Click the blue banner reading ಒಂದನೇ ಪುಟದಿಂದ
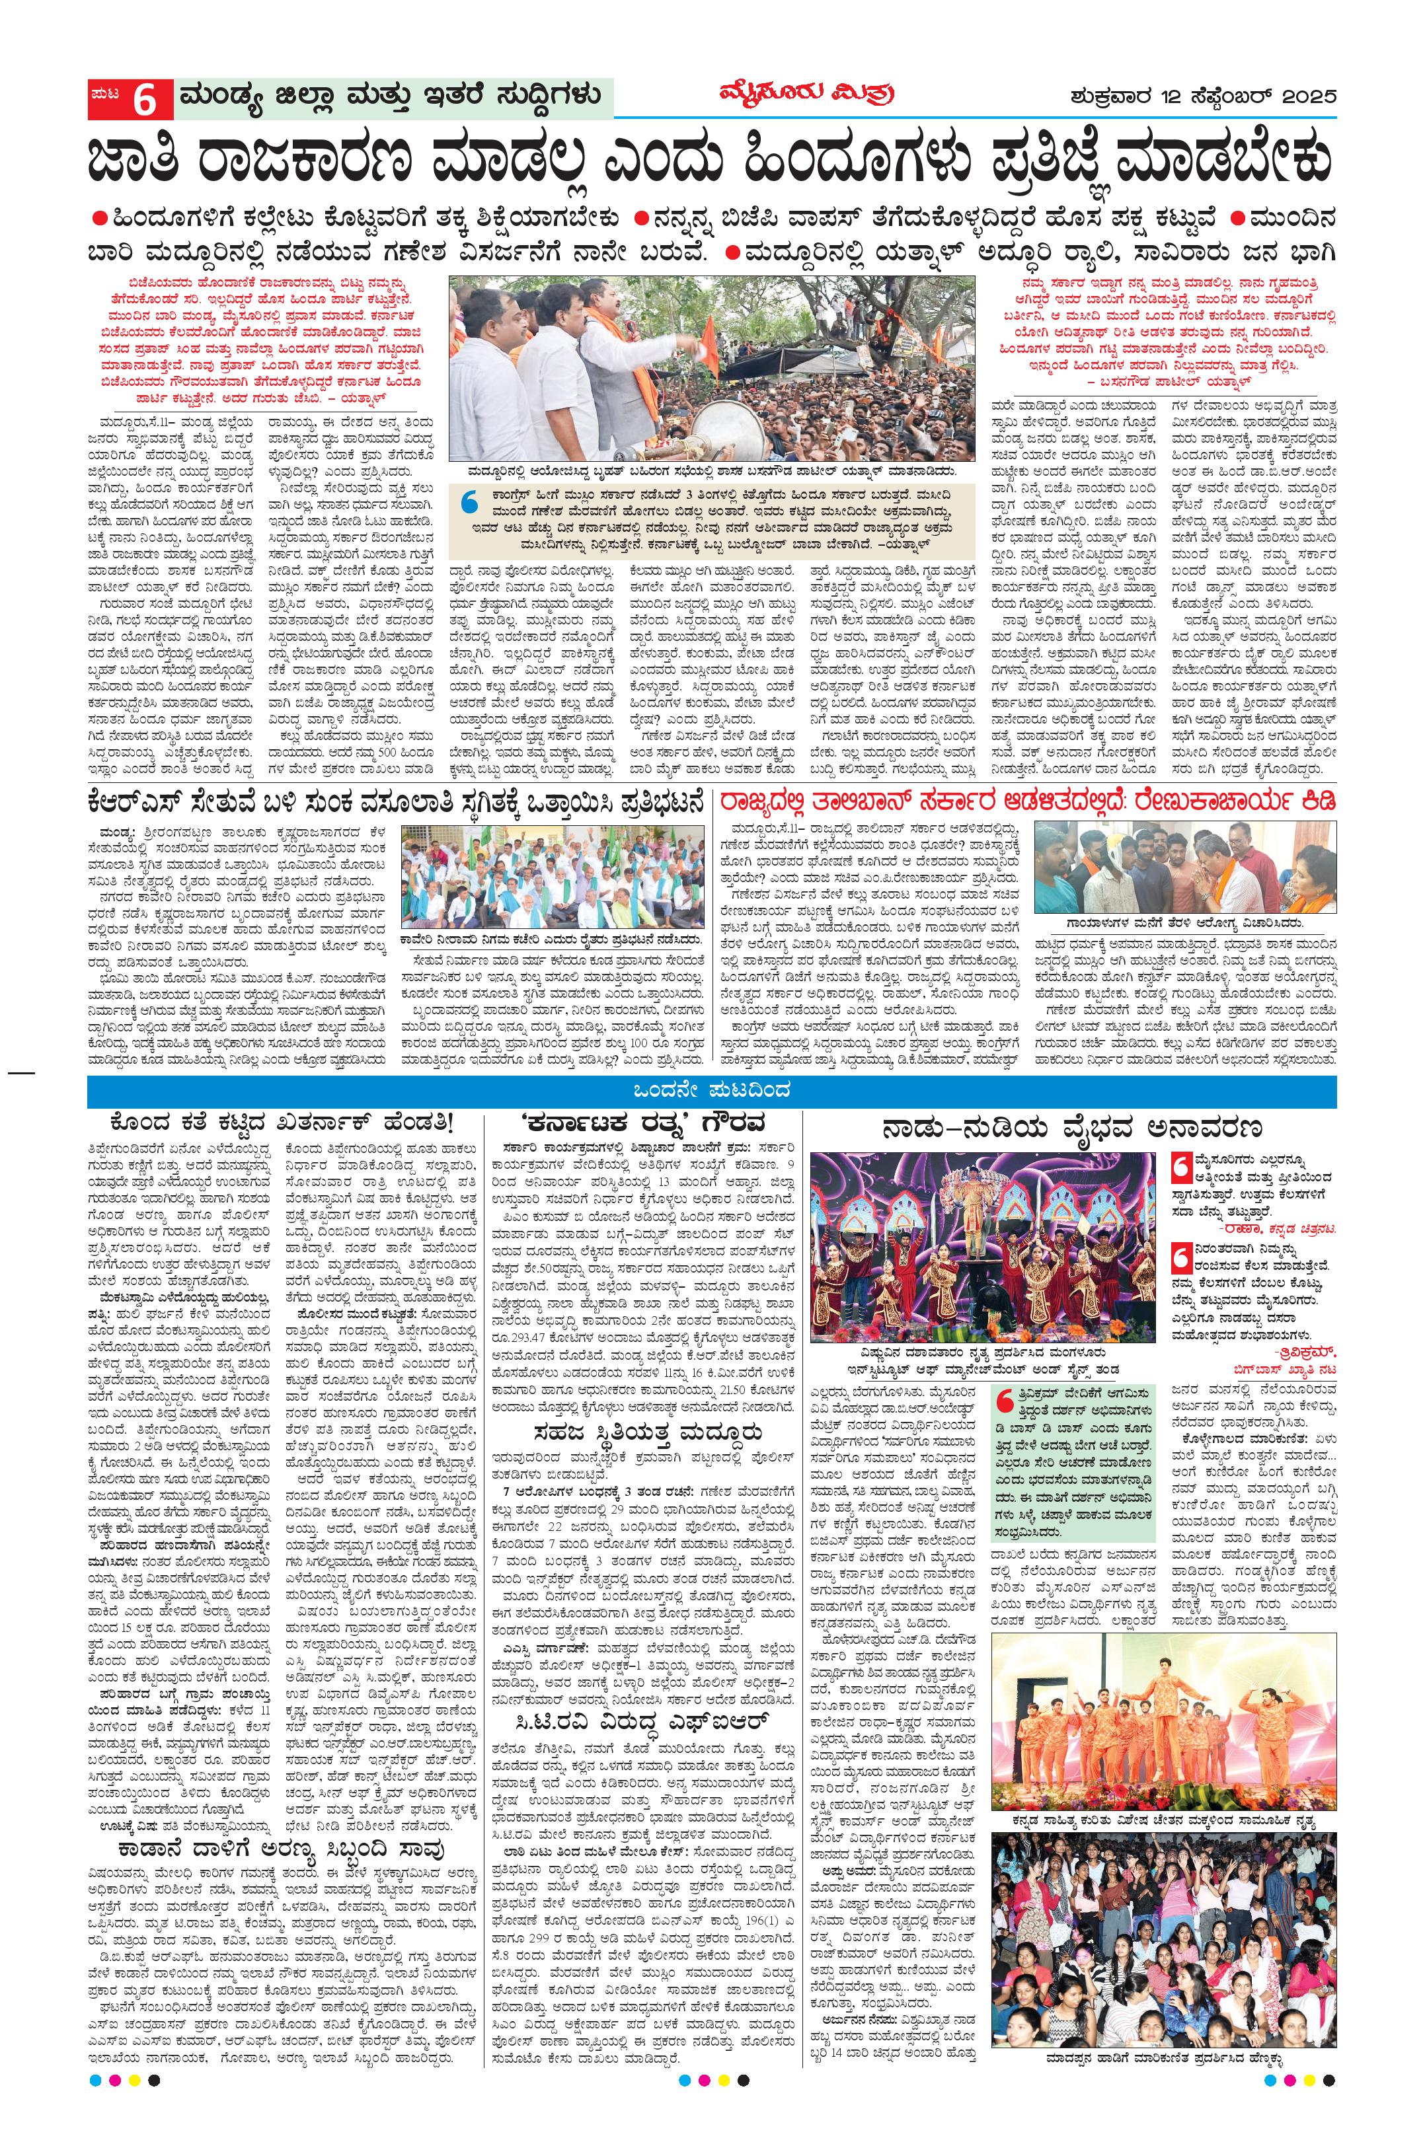[712, 1088]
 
